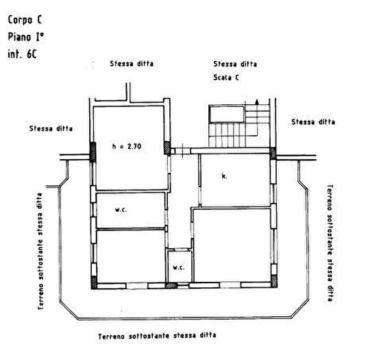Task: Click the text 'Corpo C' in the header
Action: tap(26, 21)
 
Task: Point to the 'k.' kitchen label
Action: tap(224, 176)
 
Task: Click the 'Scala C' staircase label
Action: tap(226, 78)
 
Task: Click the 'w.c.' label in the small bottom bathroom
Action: tap(178, 267)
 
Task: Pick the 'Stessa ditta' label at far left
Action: tap(51, 128)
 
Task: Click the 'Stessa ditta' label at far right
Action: tap(313, 122)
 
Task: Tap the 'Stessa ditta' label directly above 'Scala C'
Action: tap(234, 64)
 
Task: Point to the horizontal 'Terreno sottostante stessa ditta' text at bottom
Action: tap(157, 336)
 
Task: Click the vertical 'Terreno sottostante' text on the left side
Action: tap(41, 254)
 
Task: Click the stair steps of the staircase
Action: tap(230, 133)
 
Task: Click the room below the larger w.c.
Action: tap(129, 256)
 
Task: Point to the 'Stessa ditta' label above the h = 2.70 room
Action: tap(132, 64)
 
